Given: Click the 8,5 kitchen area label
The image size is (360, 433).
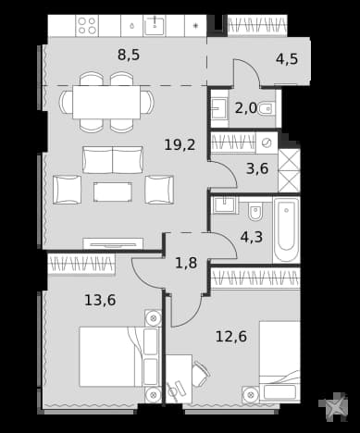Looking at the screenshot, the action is (129, 55).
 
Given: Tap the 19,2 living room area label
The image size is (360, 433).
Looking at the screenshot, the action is (180, 144).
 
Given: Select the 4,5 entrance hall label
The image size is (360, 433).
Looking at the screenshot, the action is (287, 58).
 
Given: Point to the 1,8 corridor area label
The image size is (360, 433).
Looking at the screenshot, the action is (186, 263).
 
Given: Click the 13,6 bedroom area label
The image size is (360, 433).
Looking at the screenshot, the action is (100, 300).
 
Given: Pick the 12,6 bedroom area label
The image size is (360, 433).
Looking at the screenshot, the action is (231, 336).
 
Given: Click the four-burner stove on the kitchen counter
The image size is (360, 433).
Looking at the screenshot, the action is (87, 26).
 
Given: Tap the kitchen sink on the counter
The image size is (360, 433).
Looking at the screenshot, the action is (155, 26).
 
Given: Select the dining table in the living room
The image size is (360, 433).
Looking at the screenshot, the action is (106, 102).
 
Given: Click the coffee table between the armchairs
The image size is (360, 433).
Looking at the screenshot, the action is (113, 192).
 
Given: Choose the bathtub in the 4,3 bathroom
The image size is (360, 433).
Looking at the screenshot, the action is (286, 229).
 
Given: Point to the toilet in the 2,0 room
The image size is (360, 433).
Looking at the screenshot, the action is (266, 108).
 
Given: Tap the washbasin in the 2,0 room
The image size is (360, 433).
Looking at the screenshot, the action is (219, 108).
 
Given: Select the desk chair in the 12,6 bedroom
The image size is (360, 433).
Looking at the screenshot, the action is (201, 375).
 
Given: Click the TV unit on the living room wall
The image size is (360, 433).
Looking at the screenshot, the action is (113, 243).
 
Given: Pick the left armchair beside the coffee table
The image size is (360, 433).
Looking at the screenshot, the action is (68, 190).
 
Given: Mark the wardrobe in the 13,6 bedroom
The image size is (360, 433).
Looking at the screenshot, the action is (81, 264).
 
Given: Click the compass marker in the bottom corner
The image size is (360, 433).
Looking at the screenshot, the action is (334, 407).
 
